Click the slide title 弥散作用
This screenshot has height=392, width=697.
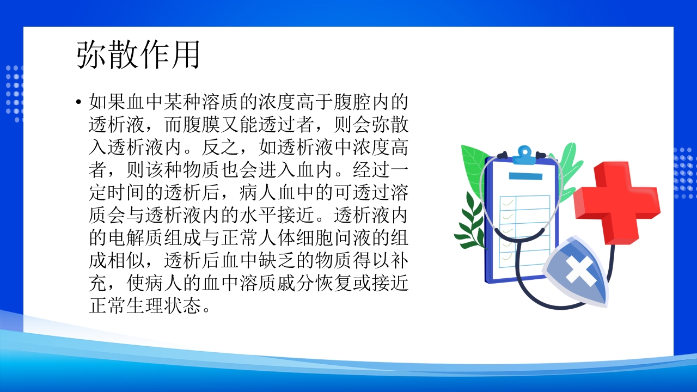coord(139,54)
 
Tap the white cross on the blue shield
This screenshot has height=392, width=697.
coord(580,269)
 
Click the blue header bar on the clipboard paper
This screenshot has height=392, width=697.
coord(525,176)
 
